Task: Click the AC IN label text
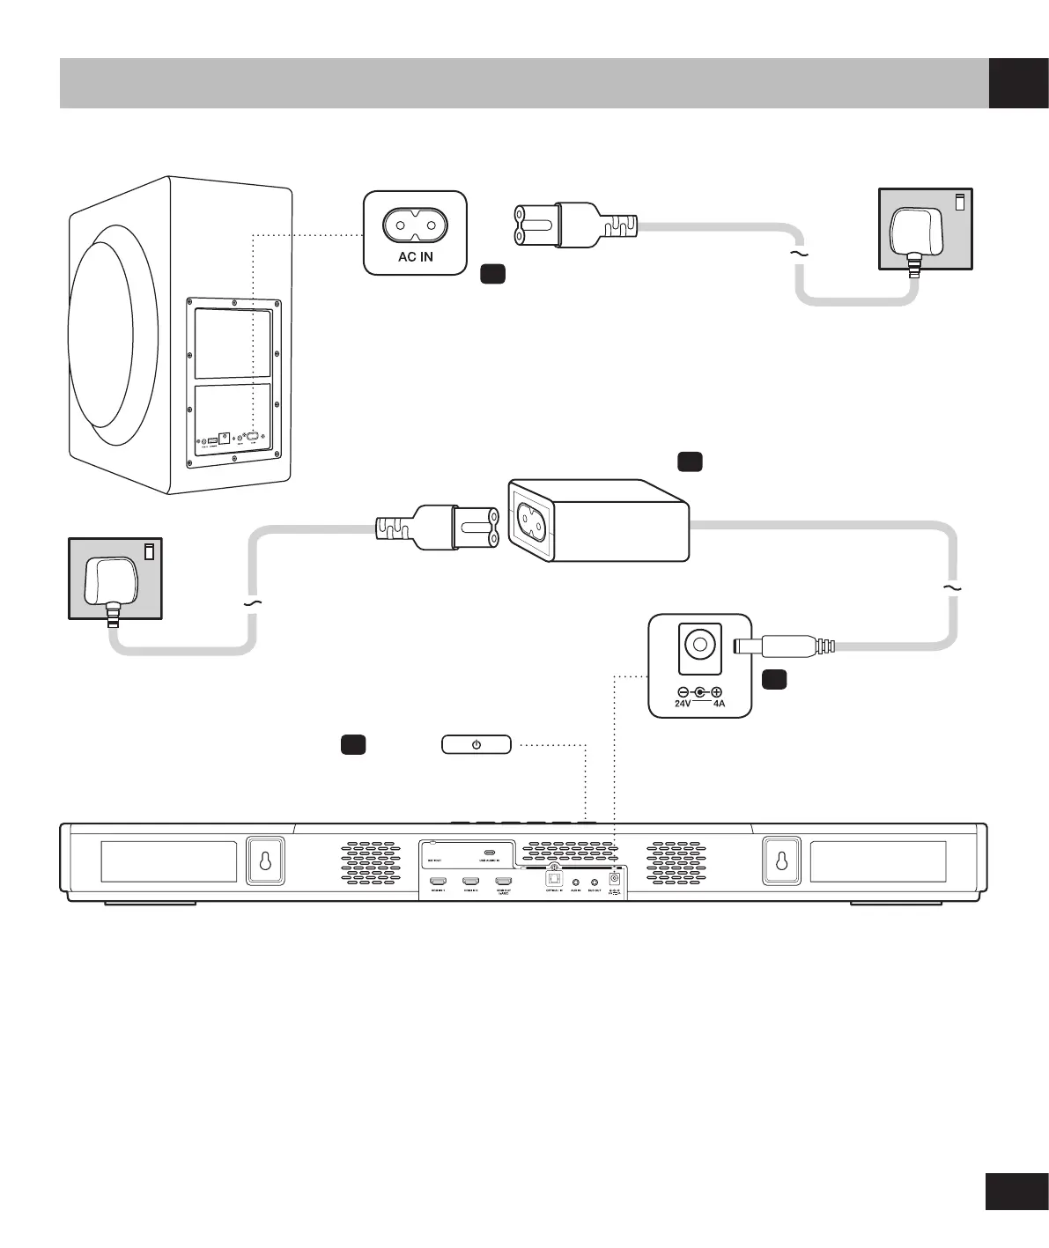point(416,257)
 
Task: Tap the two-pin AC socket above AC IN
point(416,225)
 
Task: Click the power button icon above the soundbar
point(476,745)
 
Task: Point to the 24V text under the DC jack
point(683,705)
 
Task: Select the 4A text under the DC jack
point(719,705)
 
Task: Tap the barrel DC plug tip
point(747,646)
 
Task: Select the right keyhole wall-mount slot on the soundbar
point(779,860)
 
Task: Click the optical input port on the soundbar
point(554,878)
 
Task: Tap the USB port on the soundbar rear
point(489,853)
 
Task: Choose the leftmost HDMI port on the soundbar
point(438,881)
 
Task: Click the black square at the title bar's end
point(1018,83)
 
